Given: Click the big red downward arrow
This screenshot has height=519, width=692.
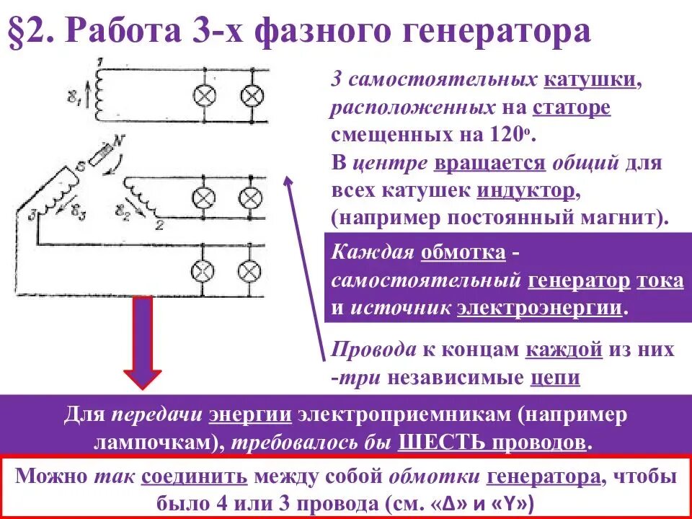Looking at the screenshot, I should (x=142, y=346).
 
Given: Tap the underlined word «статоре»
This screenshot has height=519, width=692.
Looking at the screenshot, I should (x=572, y=107).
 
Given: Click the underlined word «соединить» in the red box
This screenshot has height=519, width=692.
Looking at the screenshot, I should (x=194, y=477).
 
